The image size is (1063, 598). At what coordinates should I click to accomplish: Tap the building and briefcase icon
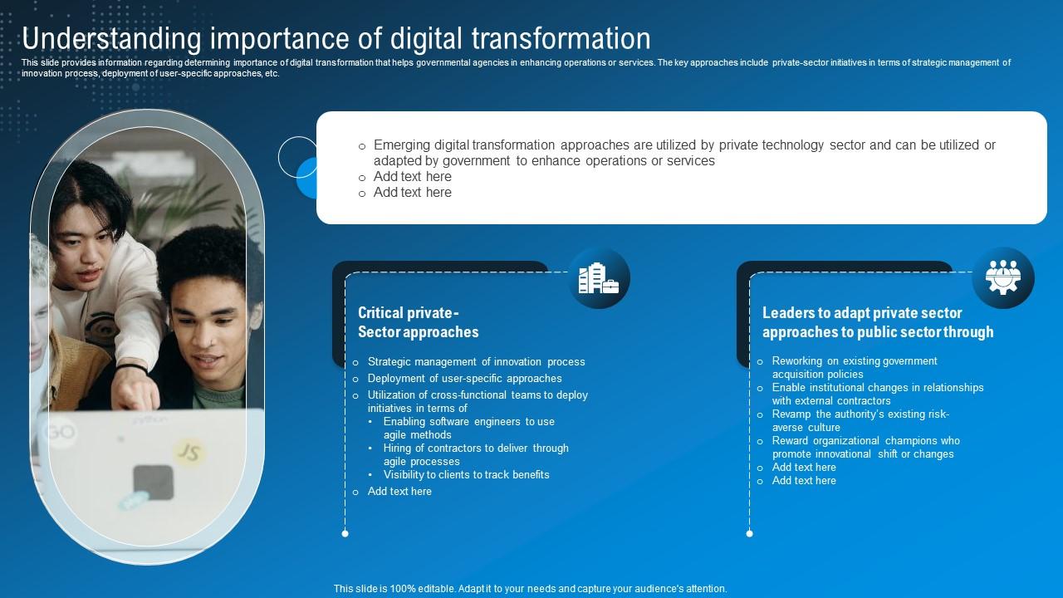[599, 278]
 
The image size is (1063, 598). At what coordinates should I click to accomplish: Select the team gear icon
[1003, 278]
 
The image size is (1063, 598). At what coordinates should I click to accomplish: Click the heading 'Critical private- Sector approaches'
[418, 322]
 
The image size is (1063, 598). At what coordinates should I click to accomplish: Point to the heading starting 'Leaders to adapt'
[877, 322]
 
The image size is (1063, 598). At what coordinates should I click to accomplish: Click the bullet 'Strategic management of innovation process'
[476, 362]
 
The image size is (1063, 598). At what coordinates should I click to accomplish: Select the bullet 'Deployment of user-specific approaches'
[464, 379]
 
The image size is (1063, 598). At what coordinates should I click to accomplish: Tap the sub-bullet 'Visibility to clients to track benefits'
[466, 475]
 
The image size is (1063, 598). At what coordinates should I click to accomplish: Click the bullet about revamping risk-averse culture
[860, 420]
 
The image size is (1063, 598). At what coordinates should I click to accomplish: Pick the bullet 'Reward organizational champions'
[865, 447]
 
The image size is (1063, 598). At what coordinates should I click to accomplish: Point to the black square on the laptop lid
[154, 483]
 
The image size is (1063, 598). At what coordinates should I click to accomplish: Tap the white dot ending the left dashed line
[345, 533]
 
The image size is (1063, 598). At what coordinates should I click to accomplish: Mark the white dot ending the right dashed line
[750, 533]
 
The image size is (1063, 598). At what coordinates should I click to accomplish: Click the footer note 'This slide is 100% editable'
[530, 589]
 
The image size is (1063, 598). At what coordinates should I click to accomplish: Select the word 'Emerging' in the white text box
[402, 145]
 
